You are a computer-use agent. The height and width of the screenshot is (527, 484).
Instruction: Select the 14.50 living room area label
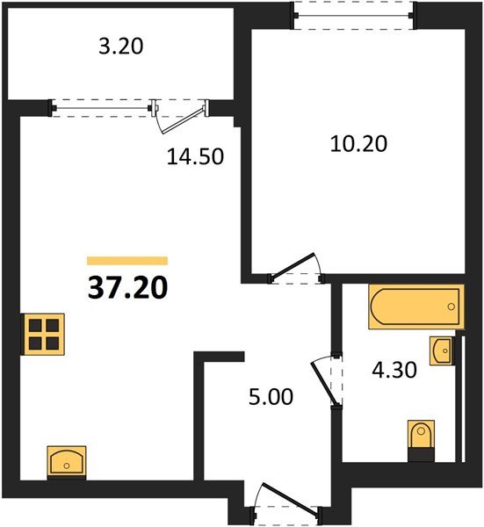(195, 157)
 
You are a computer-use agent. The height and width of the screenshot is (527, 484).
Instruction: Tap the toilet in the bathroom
(422, 437)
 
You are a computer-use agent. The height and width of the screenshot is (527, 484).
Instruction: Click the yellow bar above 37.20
(127, 260)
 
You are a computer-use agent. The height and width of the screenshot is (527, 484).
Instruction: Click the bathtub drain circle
(451, 307)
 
